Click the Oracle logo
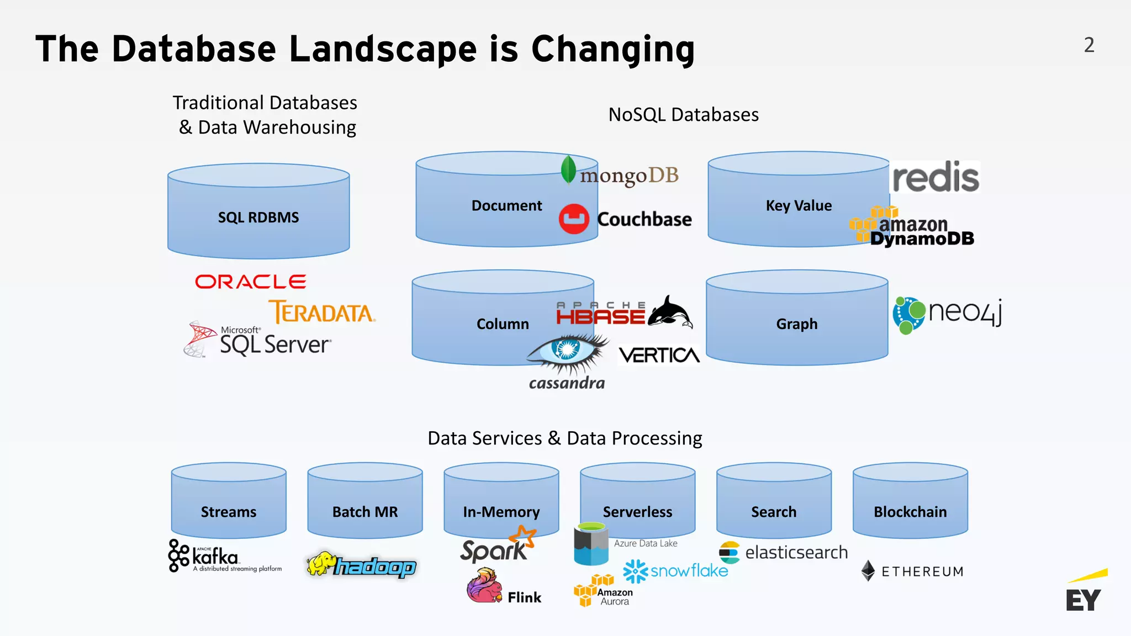[250, 282]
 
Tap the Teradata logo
[322, 312]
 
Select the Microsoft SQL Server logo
[258, 340]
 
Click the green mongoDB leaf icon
[568, 170]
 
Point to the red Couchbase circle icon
[574, 219]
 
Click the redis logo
[936, 177]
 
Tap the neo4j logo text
[965, 311]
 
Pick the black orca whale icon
[670, 312]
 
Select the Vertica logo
[659, 355]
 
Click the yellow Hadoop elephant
[321, 563]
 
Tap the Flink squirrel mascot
[484, 586]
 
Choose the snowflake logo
[676, 571]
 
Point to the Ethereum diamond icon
[868, 571]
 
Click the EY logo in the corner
[1085, 593]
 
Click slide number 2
[1089, 45]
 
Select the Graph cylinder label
[797, 324]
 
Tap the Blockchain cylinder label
[910, 512]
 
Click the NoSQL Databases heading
[683, 115]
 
